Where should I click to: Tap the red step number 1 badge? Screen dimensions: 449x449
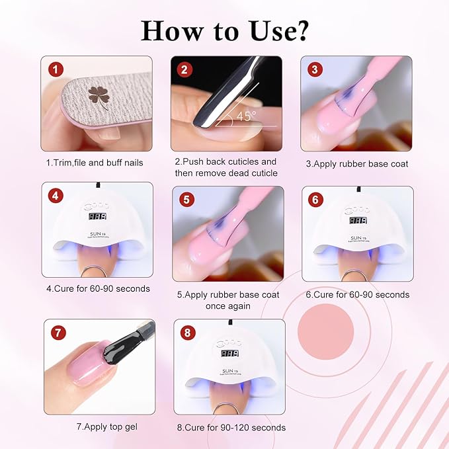click(x=56, y=69)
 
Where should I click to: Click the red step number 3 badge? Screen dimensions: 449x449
click(x=314, y=69)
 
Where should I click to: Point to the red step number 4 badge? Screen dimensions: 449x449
click(x=56, y=196)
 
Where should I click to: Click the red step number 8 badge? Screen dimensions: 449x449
click(x=188, y=333)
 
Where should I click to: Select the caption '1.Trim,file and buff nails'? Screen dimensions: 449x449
click(x=95, y=162)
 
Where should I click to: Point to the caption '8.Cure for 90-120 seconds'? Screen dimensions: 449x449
click(x=231, y=427)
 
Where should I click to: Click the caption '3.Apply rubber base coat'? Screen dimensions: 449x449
click(x=357, y=163)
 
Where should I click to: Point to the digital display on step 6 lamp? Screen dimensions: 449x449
click(x=357, y=220)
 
